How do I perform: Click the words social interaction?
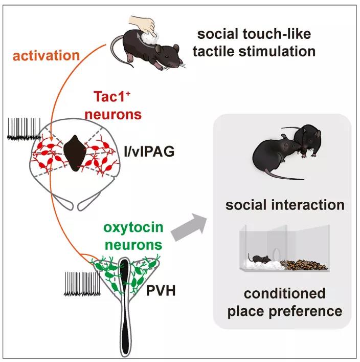coord(285,205)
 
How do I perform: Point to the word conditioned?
coord(285,294)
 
